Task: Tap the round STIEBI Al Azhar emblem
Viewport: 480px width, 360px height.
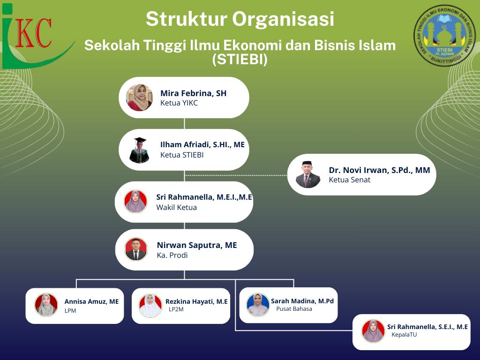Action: (444, 36)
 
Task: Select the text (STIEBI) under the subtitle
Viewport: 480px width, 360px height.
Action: (240, 60)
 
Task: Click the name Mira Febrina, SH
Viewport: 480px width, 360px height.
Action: (194, 93)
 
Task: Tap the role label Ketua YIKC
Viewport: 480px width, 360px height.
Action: (179, 103)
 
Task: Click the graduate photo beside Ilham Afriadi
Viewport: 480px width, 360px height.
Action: (139, 150)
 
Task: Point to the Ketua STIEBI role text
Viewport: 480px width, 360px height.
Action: (182, 155)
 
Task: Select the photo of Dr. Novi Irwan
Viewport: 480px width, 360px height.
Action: (308, 174)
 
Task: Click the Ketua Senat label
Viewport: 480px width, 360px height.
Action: (350, 180)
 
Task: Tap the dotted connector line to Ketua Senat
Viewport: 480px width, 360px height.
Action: (236, 175)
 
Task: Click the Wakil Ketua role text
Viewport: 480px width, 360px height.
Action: (177, 208)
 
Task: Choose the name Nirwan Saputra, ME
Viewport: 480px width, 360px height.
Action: (197, 245)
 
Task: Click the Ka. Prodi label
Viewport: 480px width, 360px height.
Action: (172, 255)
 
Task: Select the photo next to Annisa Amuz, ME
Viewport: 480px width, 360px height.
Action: (46, 305)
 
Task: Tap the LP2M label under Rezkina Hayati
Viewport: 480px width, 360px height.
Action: (176, 309)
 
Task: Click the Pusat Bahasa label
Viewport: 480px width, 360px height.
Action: (294, 309)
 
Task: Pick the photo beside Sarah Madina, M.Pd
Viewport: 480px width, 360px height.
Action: (258, 305)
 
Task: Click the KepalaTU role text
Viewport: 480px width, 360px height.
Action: (404, 335)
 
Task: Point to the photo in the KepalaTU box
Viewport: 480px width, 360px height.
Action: (373, 331)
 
